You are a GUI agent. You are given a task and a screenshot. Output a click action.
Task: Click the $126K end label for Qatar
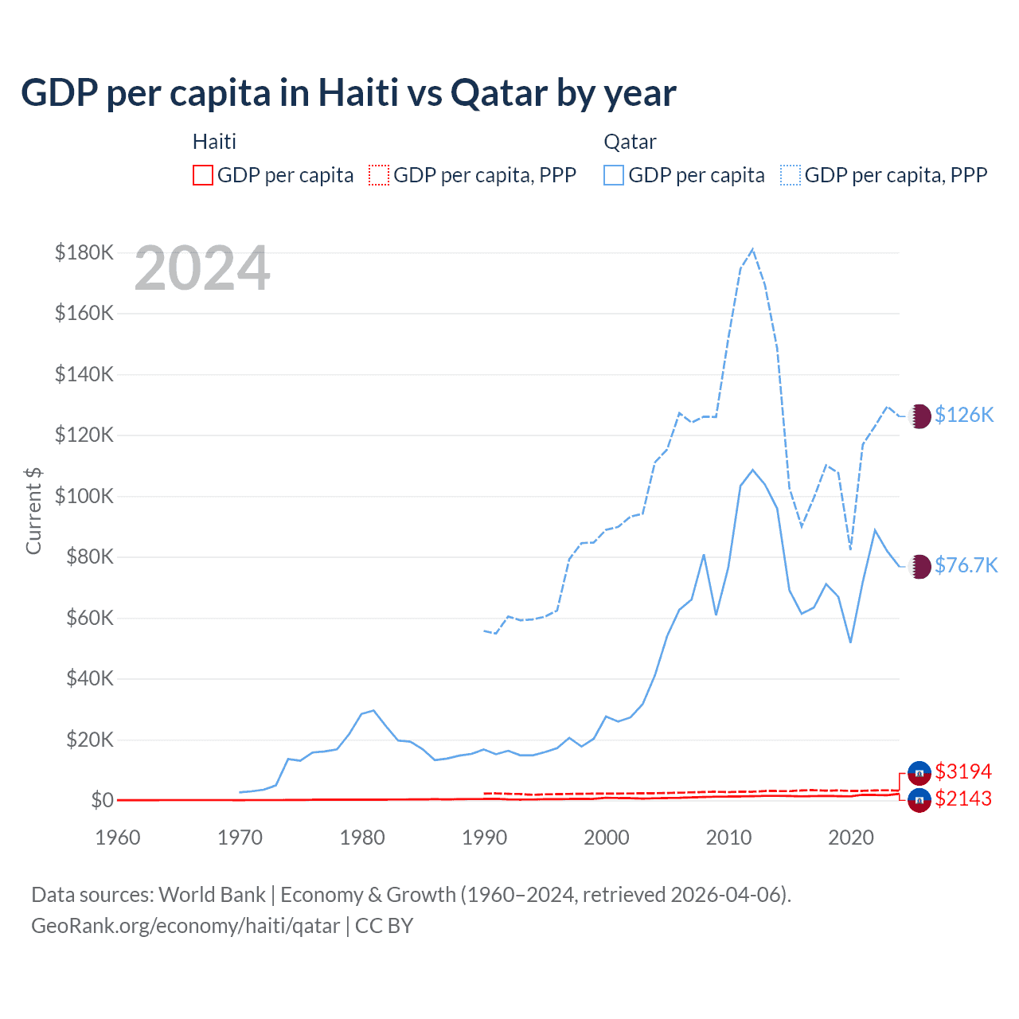pyautogui.click(x=964, y=415)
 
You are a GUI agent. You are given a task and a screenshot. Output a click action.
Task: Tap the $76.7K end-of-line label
pyautogui.click(x=966, y=565)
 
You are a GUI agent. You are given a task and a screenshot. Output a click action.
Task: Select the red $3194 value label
pyautogui.click(x=963, y=771)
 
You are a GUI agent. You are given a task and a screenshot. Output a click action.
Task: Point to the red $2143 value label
pyautogui.click(x=963, y=798)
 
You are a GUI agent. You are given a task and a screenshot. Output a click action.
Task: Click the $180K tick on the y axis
pyautogui.click(x=84, y=252)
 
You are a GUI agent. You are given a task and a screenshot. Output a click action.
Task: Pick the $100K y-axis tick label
pyautogui.click(x=84, y=496)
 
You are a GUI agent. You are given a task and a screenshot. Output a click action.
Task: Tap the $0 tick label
pyautogui.click(x=102, y=800)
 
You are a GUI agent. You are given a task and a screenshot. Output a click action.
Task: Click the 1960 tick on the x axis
pyautogui.click(x=118, y=837)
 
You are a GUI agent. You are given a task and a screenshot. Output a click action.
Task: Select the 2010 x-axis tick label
pyautogui.click(x=729, y=837)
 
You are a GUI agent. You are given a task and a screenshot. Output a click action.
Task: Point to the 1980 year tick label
pyautogui.click(x=362, y=837)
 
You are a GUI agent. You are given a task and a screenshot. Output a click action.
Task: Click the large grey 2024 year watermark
pyautogui.click(x=202, y=269)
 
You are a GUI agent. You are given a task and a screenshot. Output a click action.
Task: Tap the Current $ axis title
pyautogui.click(x=33, y=510)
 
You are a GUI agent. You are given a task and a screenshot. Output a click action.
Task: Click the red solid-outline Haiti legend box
pyautogui.click(x=203, y=175)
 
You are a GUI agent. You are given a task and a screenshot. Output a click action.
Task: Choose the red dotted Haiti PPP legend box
pyautogui.click(x=379, y=175)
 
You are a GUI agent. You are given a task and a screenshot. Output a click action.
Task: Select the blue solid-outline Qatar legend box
pyautogui.click(x=614, y=175)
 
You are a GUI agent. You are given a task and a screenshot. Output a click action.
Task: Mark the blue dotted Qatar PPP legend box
pyautogui.click(x=791, y=175)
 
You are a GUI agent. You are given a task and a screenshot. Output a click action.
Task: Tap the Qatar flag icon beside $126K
pyautogui.click(x=919, y=416)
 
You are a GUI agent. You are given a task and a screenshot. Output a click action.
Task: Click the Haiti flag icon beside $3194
pyautogui.click(x=919, y=772)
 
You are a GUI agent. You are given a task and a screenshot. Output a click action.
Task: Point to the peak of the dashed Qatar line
pyautogui.click(x=752, y=249)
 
